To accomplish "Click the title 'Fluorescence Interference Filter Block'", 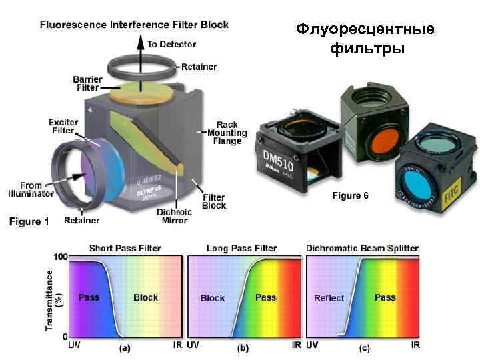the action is (134, 25).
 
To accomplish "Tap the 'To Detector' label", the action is (172, 44).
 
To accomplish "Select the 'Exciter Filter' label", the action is (63, 127).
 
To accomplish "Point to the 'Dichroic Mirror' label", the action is (175, 216).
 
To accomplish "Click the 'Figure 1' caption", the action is (29, 222).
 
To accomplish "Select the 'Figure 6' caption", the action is (351, 195).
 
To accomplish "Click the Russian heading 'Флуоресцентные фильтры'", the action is (365, 39).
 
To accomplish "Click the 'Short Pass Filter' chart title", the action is (125, 248).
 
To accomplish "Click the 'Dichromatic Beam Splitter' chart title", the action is (362, 248).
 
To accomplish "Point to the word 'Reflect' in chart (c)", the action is (329, 298).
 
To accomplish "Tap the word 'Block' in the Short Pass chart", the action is (145, 297).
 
